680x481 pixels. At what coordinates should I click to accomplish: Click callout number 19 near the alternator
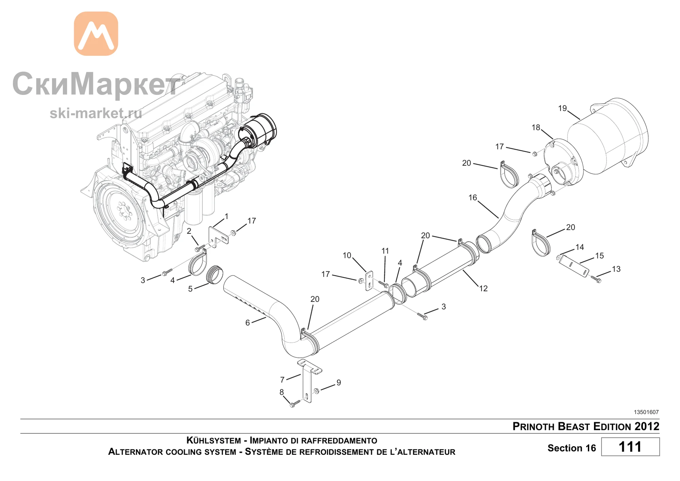coord(562,108)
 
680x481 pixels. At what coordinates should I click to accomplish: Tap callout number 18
coord(536,128)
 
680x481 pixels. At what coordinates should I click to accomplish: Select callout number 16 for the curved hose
coord(473,198)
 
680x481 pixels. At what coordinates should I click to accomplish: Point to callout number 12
coord(483,288)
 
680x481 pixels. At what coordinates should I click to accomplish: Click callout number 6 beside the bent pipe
coord(248,322)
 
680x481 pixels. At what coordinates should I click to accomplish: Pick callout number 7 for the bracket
coord(282,380)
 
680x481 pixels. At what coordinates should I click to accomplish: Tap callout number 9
coord(339,383)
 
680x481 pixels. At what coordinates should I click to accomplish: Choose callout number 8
coord(282,392)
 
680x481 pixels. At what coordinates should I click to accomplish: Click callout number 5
coord(190,289)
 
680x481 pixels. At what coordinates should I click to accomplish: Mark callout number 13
coord(616,269)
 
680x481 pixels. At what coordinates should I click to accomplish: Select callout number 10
coord(347,255)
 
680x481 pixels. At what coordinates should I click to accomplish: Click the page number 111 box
coord(630,447)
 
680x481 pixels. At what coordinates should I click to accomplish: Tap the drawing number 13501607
coord(646,412)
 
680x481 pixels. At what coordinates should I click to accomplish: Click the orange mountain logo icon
coord(96,34)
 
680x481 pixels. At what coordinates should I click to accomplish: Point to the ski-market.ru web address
coord(96,113)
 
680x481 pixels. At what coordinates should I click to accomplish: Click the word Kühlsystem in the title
coord(214,440)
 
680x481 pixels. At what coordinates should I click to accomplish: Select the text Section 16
coord(572,448)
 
